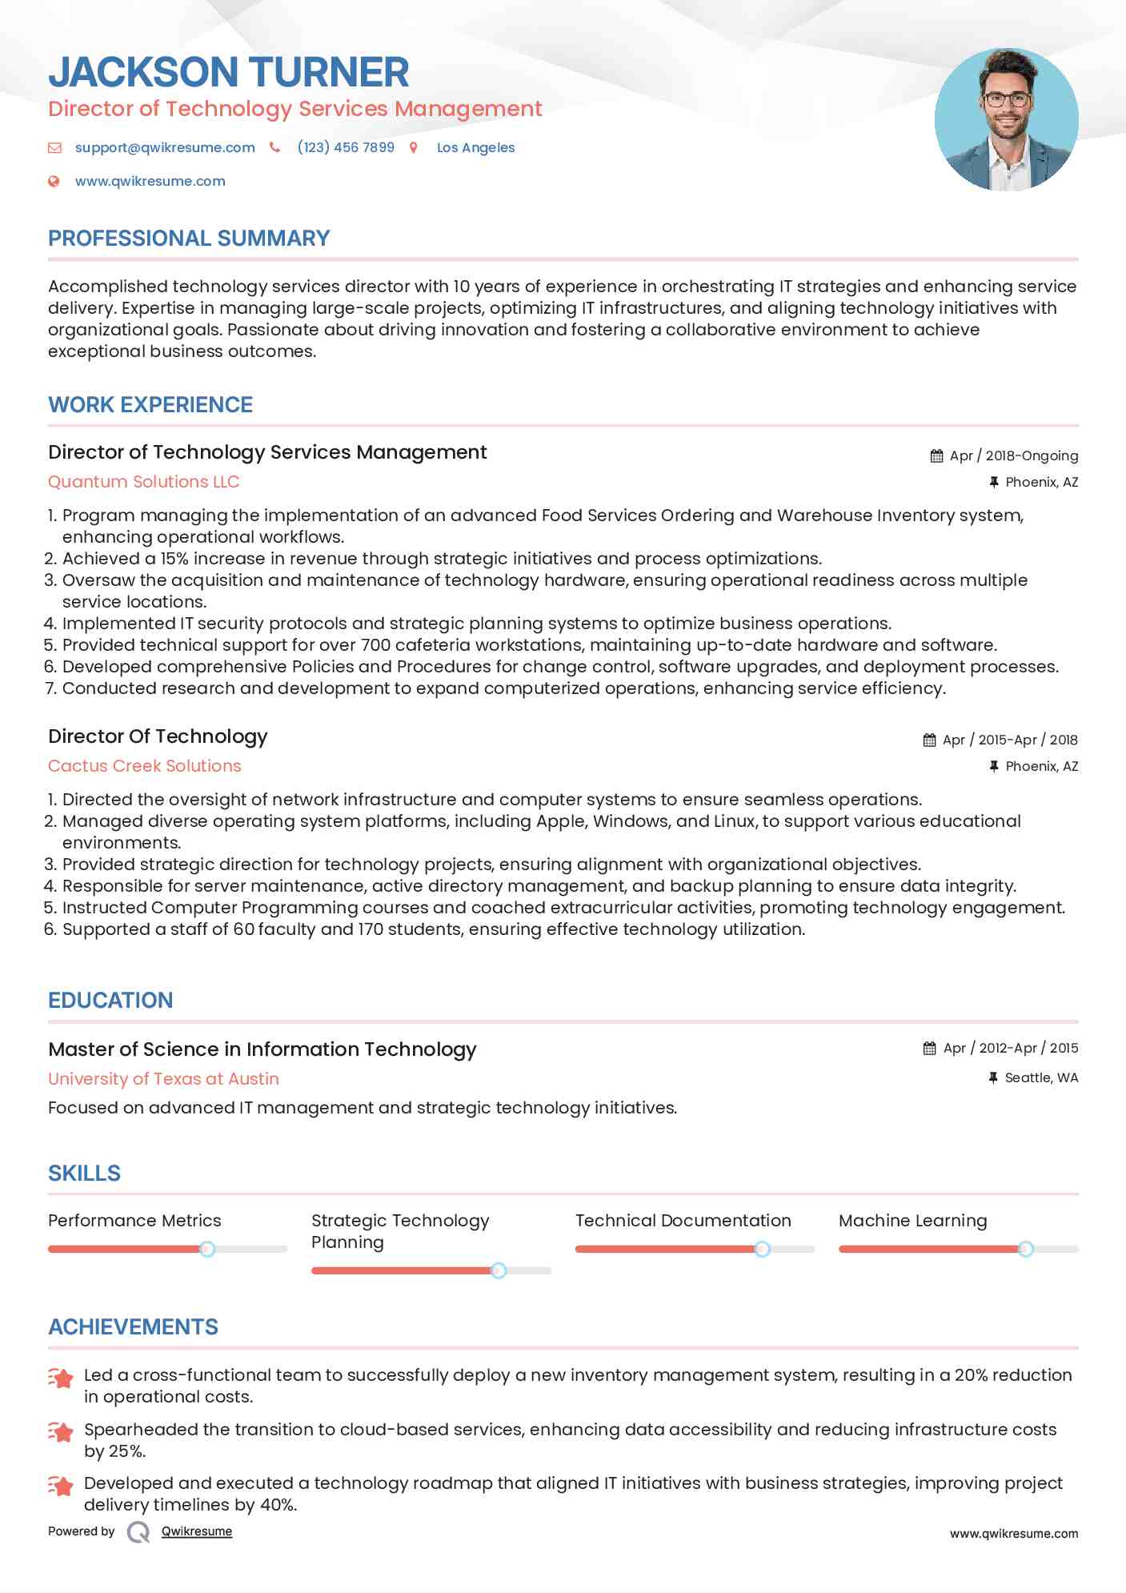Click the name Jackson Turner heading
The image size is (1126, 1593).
229,72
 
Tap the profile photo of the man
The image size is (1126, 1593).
1006,119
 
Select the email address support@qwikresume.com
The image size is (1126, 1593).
165,147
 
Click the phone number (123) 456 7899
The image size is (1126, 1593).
346,147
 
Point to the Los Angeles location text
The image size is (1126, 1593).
475,147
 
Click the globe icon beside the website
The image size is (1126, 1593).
54,181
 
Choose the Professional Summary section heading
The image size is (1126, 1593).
189,239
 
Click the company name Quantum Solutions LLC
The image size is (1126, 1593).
143,482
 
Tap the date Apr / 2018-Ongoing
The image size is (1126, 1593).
1013,455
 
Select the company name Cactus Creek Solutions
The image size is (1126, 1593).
144,766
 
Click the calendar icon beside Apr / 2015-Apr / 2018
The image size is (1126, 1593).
929,740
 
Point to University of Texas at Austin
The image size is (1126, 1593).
163,1079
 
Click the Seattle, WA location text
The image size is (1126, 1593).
1041,1077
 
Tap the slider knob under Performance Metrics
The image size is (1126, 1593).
207,1249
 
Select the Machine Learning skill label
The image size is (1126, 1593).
912,1221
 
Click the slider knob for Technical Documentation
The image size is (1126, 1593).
762,1249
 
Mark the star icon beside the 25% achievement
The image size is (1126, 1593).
61,1432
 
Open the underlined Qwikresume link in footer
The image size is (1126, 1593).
197,1531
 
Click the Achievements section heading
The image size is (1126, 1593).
133,1327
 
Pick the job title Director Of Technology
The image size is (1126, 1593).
158,736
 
